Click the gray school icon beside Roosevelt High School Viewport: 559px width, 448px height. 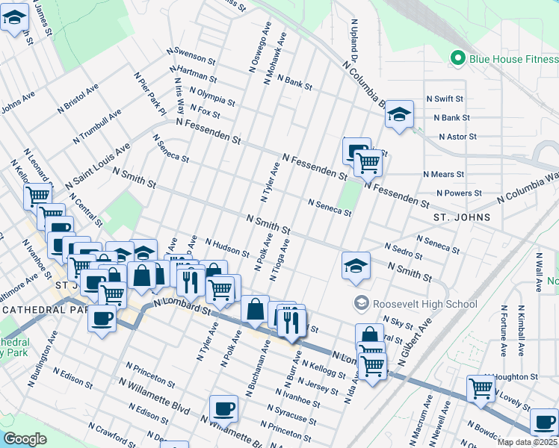click(x=362, y=303)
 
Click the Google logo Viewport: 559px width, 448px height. click(x=25, y=439)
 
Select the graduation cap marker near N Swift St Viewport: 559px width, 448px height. click(x=400, y=115)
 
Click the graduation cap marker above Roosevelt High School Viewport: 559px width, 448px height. click(x=356, y=265)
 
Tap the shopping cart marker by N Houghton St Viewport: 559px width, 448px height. click(x=481, y=387)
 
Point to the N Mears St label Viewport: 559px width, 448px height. click(x=443, y=174)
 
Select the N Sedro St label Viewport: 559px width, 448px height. click(x=404, y=250)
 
